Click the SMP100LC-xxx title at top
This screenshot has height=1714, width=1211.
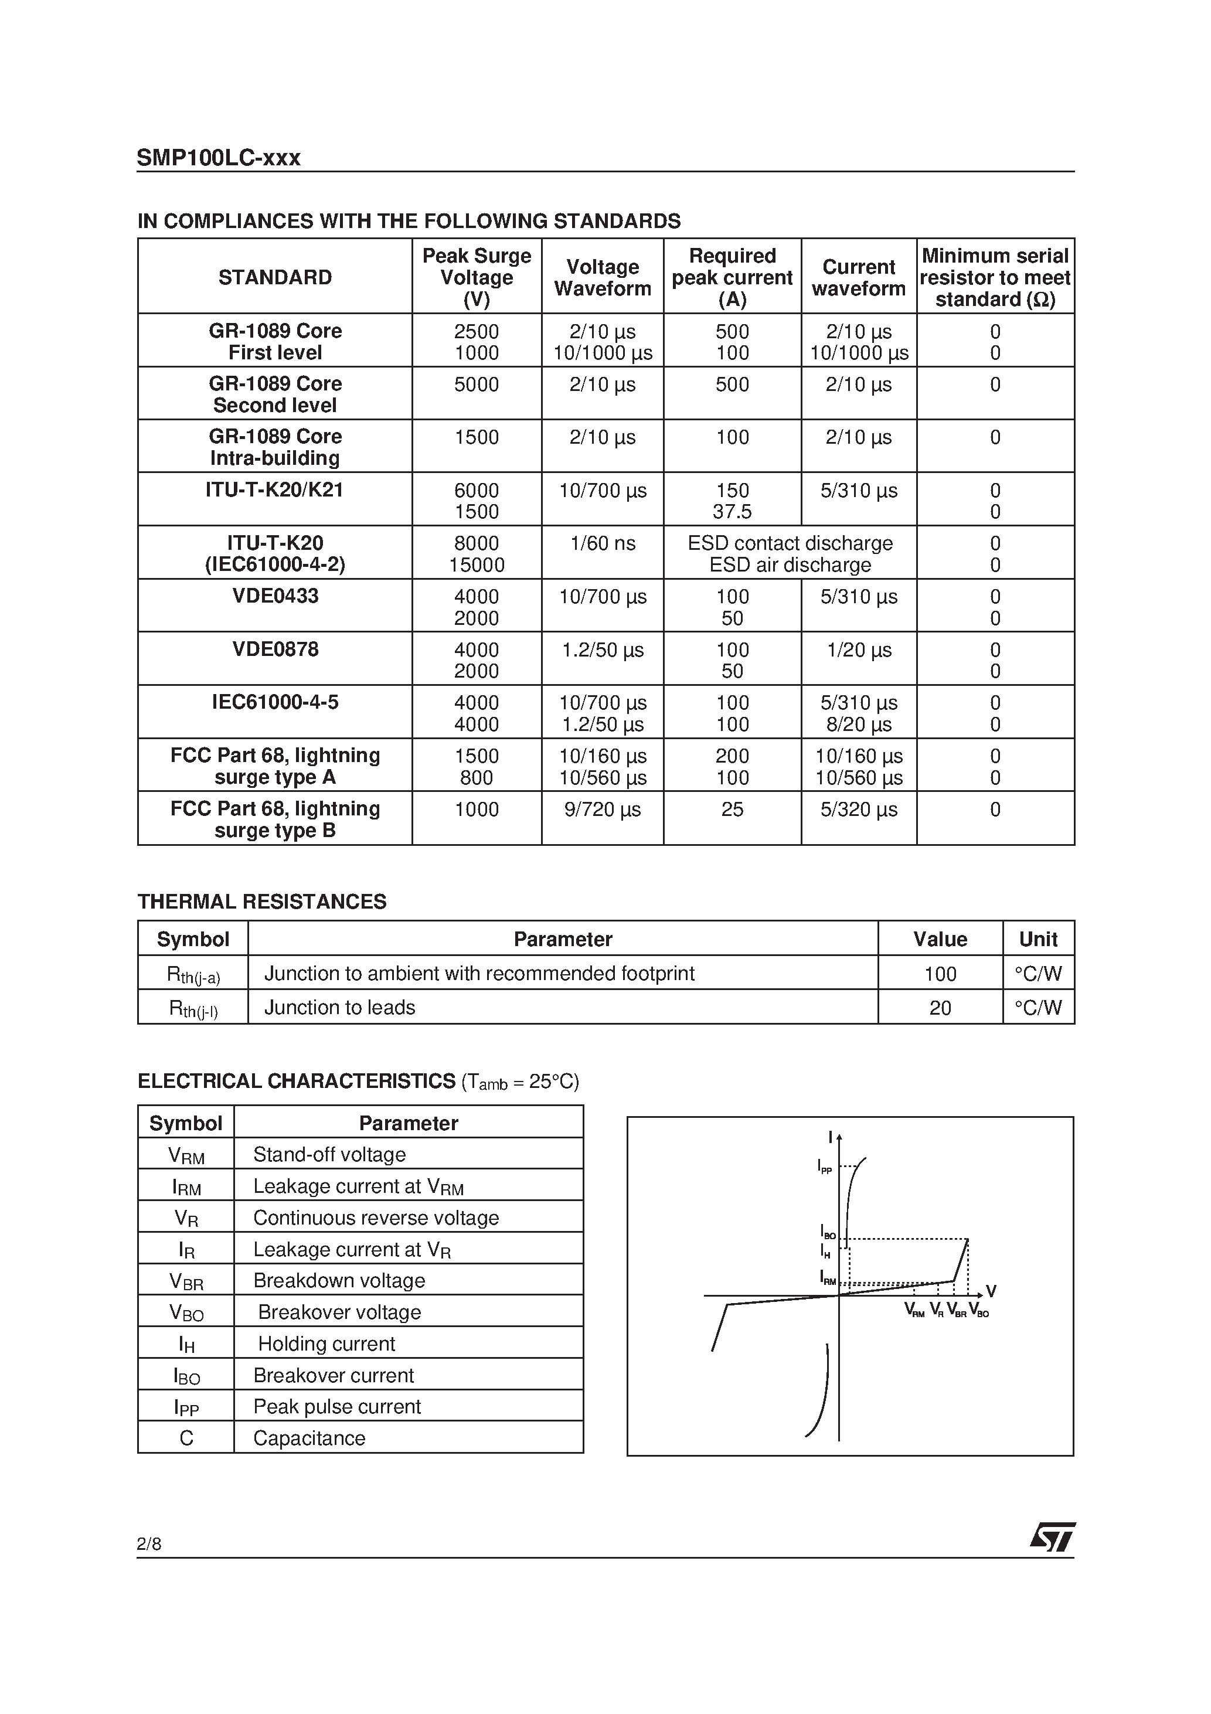coord(218,158)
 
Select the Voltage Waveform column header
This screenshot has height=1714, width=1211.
coord(602,278)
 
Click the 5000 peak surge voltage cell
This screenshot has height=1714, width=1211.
coord(477,385)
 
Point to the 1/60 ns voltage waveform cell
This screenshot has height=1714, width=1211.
coord(602,543)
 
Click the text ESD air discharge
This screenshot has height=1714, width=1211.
coord(790,565)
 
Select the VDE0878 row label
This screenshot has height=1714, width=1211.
coord(275,649)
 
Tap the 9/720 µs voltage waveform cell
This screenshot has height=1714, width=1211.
coord(602,809)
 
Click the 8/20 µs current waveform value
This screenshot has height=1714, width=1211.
coord(859,724)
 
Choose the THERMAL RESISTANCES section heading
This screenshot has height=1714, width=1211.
coord(261,902)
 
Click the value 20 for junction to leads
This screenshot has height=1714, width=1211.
coord(940,1008)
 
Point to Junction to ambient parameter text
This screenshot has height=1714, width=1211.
coord(479,974)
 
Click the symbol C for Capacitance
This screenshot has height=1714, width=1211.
coord(186,1438)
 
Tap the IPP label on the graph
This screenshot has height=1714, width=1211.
coord(824,1166)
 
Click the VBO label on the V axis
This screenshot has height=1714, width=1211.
coord(979,1310)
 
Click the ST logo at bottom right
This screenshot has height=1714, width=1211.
coord(1053,1537)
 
